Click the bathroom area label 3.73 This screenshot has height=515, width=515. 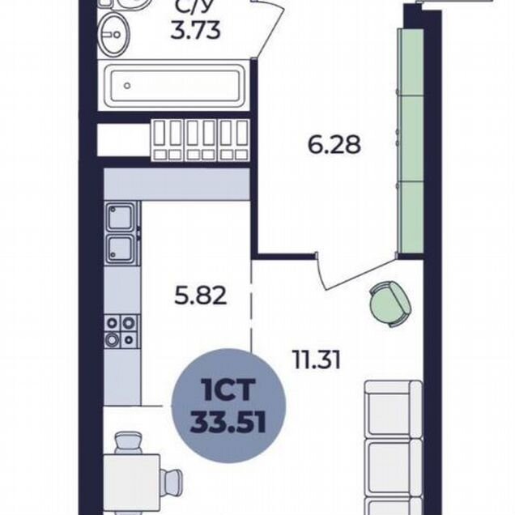point(195,32)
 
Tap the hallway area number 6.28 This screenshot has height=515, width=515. point(334,144)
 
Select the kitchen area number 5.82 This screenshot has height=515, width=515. point(200,296)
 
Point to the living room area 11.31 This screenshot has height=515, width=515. point(316,360)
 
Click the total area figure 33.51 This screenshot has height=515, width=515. point(228,423)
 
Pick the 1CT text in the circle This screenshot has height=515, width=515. point(229,389)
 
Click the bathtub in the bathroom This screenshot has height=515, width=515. point(175,85)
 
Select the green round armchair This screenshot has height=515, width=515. point(391,304)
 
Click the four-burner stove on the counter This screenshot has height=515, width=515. point(121,332)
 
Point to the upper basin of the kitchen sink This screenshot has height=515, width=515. point(120,217)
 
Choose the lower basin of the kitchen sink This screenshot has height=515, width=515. point(120,249)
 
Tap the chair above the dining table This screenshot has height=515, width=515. point(129,443)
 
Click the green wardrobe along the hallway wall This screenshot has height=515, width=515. point(411,141)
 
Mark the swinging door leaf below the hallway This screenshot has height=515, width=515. point(360,275)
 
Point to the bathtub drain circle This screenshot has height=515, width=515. point(127,86)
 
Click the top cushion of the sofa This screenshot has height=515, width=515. point(394,410)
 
